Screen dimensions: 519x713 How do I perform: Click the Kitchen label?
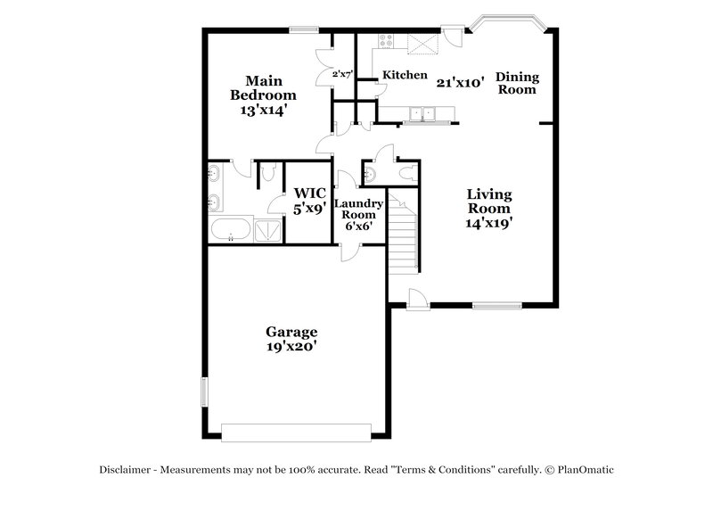(405, 76)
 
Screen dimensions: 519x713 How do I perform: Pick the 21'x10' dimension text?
(460, 82)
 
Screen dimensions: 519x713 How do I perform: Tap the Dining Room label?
(517, 83)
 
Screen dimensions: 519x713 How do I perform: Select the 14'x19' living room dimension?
(489, 224)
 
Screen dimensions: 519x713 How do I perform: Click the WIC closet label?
(309, 193)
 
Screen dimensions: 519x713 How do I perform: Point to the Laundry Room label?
(358, 209)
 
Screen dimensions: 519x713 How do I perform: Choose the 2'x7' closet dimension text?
(343, 75)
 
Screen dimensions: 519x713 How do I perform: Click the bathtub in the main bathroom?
(229, 230)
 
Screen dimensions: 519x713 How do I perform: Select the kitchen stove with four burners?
(387, 40)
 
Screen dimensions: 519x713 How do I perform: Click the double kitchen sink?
(423, 113)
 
